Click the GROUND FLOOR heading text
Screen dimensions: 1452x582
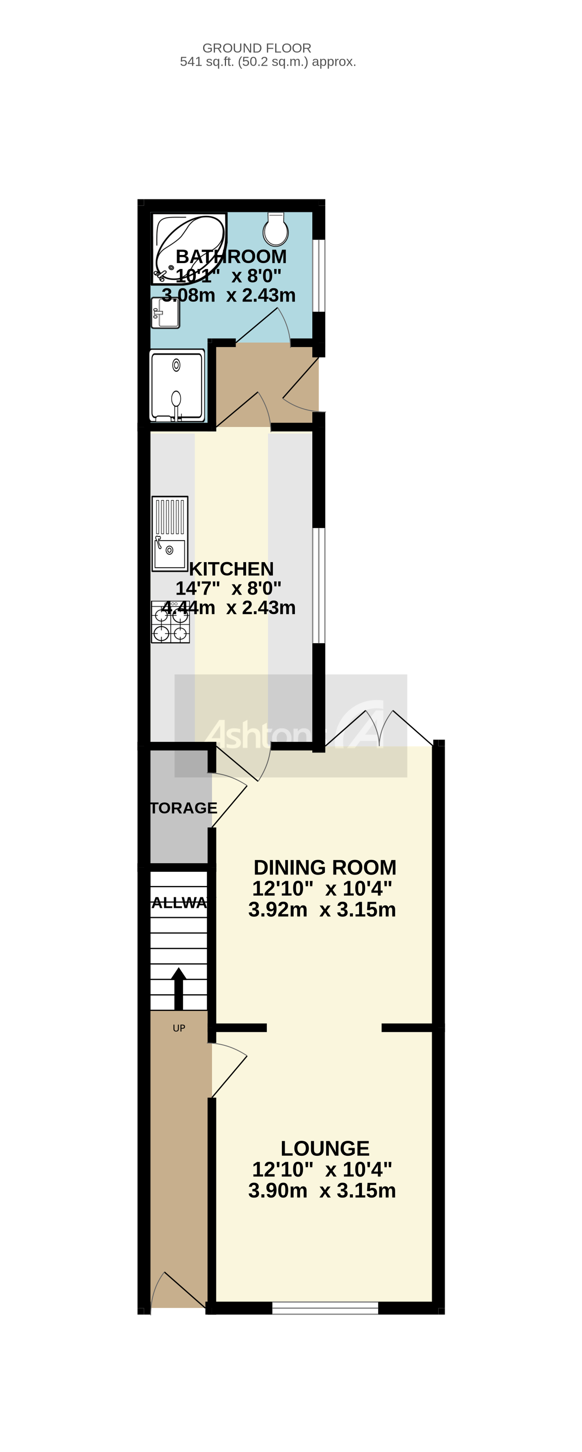(257, 48)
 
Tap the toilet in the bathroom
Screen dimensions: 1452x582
(276, 230)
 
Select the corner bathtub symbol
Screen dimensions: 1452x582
(189, 248)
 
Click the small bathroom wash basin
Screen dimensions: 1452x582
(165, 313)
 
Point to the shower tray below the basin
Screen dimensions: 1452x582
(176, 386)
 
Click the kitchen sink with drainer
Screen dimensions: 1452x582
(170, 533)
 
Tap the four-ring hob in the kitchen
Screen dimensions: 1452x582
(171, 622)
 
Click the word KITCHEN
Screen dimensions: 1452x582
(231, 569)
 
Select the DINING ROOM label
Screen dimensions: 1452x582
(325, 867)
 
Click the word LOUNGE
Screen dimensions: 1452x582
(325, 1148)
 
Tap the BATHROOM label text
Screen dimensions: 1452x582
(231, 256)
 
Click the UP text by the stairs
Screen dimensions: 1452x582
(179, 1029)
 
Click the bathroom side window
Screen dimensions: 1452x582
(319, 276)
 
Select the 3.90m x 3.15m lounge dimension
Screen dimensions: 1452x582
(322, 1190)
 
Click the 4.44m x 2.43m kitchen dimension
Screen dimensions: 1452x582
(229, 608)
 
